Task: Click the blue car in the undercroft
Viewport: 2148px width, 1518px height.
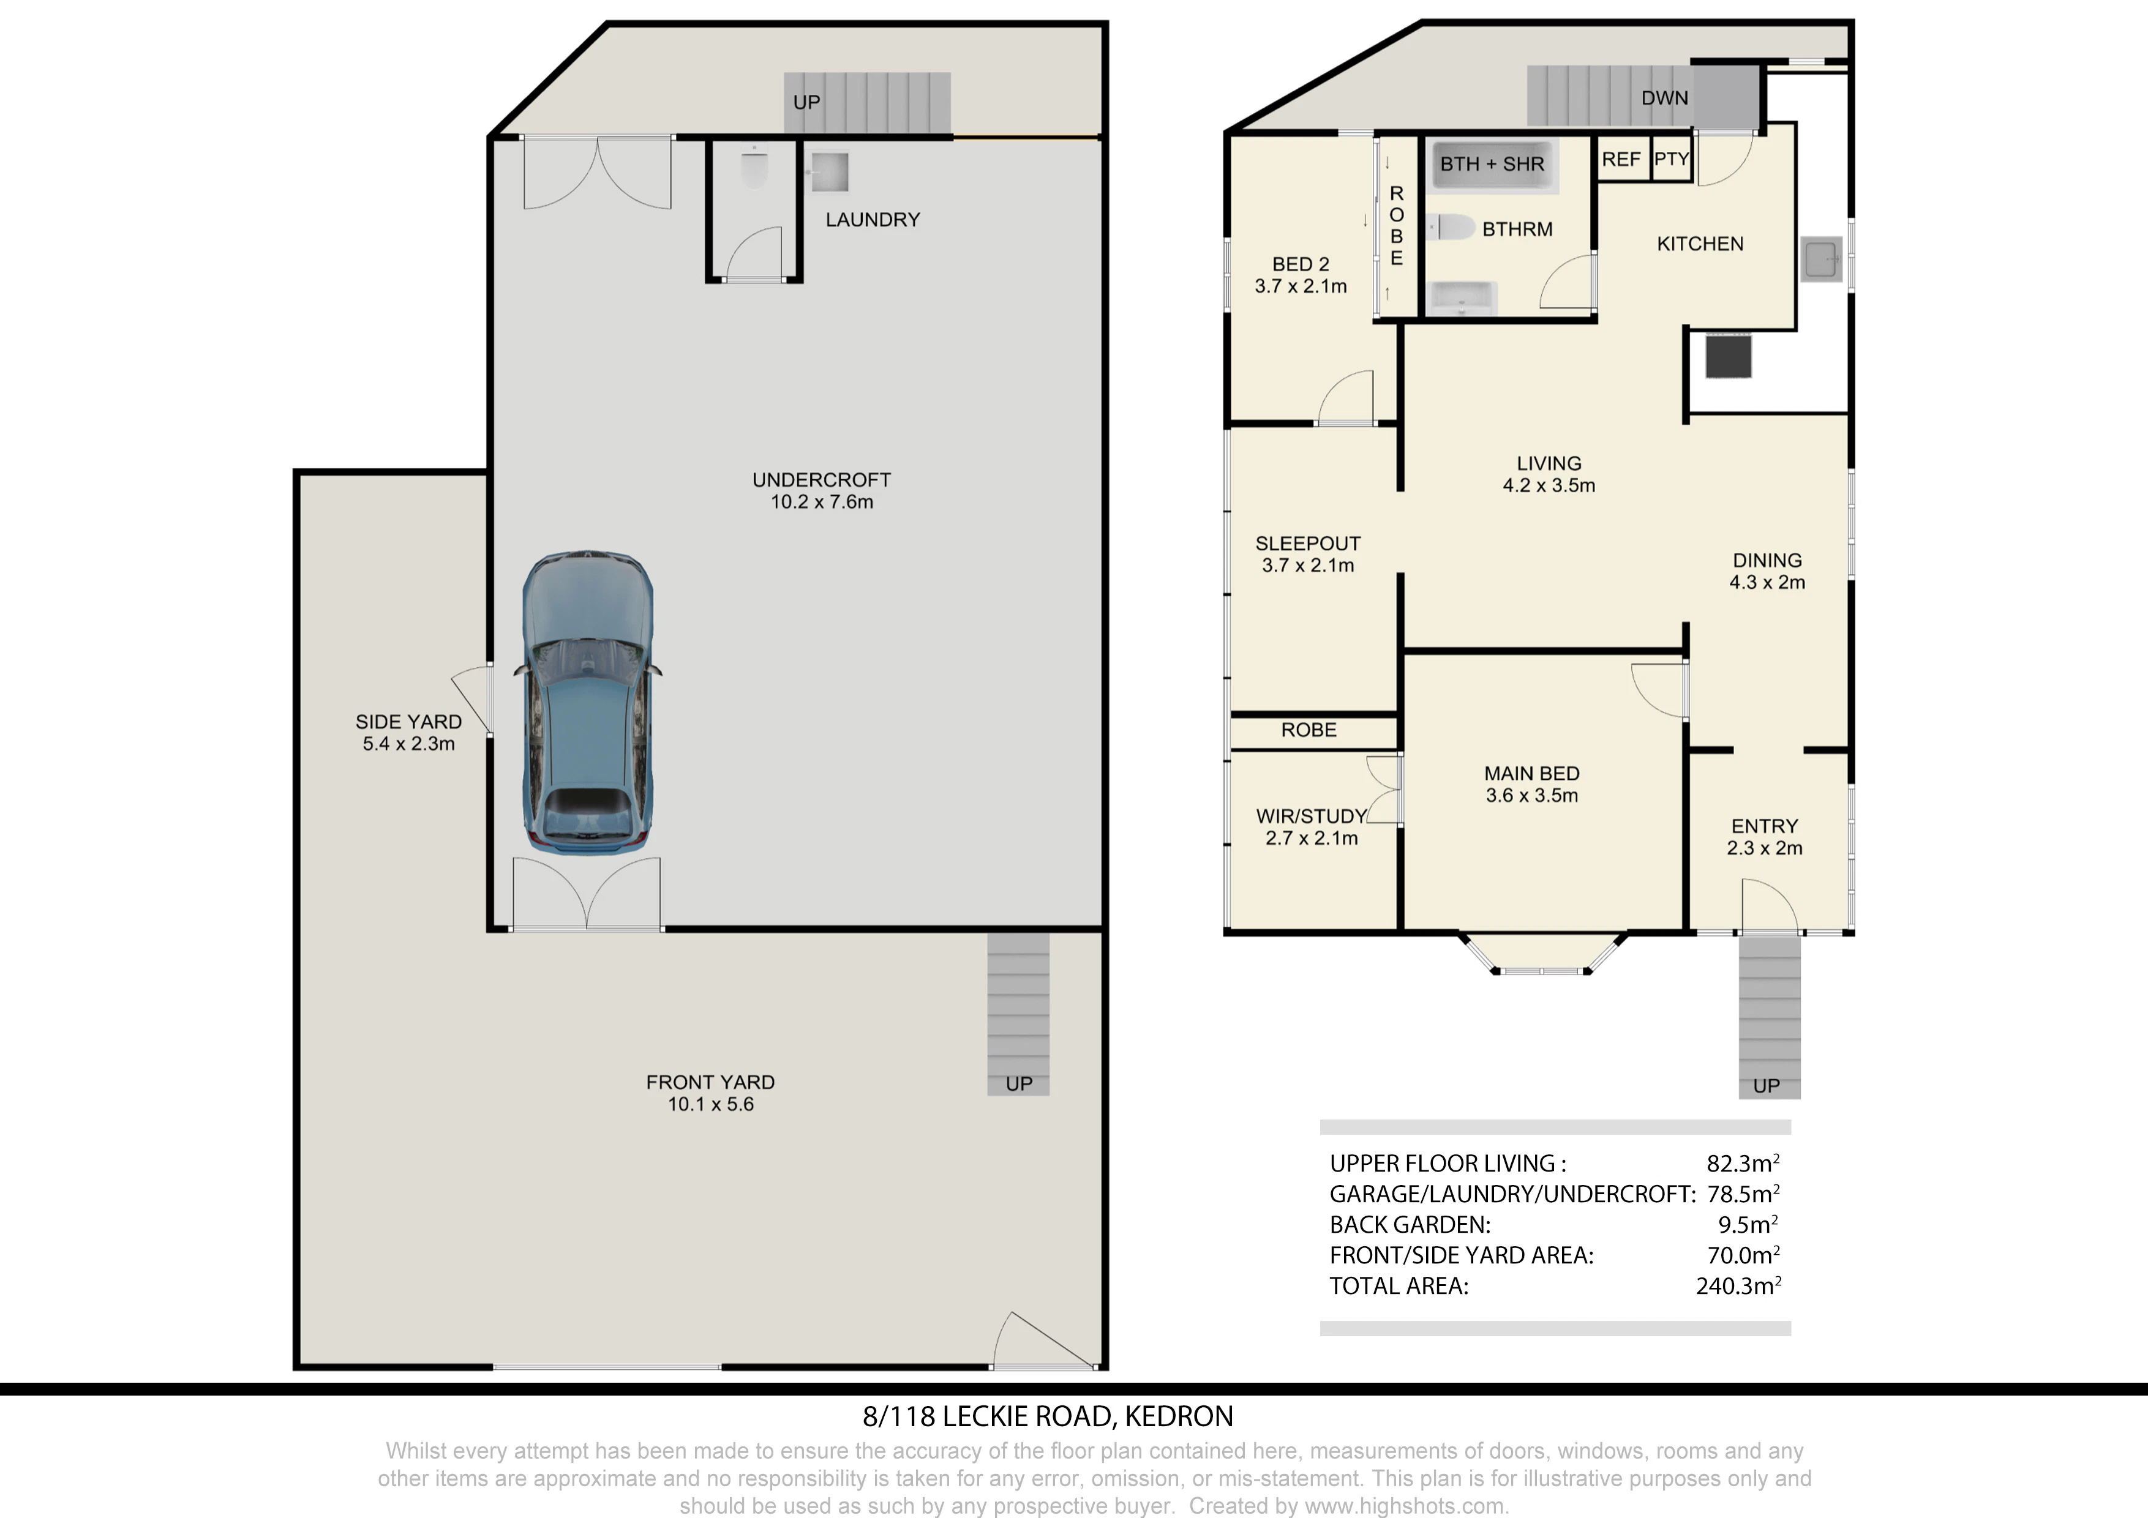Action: click(587, 701)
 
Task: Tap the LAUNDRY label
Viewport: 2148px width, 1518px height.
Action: click(873, 220)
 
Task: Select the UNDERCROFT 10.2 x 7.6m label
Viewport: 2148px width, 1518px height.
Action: click(821, 491)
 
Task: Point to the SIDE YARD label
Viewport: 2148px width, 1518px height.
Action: click(409, 722)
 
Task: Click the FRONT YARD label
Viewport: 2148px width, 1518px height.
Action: click(710, 1082)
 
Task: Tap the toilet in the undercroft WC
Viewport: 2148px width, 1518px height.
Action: click(754, 170)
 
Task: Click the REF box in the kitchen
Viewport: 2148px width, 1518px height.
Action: click(1621, 159)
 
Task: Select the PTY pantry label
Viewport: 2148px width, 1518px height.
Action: click(1671, 159)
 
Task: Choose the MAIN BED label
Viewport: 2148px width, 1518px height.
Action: click(1531, 774)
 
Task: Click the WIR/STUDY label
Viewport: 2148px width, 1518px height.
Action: click(1312, 817)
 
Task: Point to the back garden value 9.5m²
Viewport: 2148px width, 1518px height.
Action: click(1748, 1224)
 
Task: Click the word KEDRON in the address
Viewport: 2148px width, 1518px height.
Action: click(1179, 1417)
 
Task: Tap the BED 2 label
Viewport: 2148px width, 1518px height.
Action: click(1301, 264)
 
